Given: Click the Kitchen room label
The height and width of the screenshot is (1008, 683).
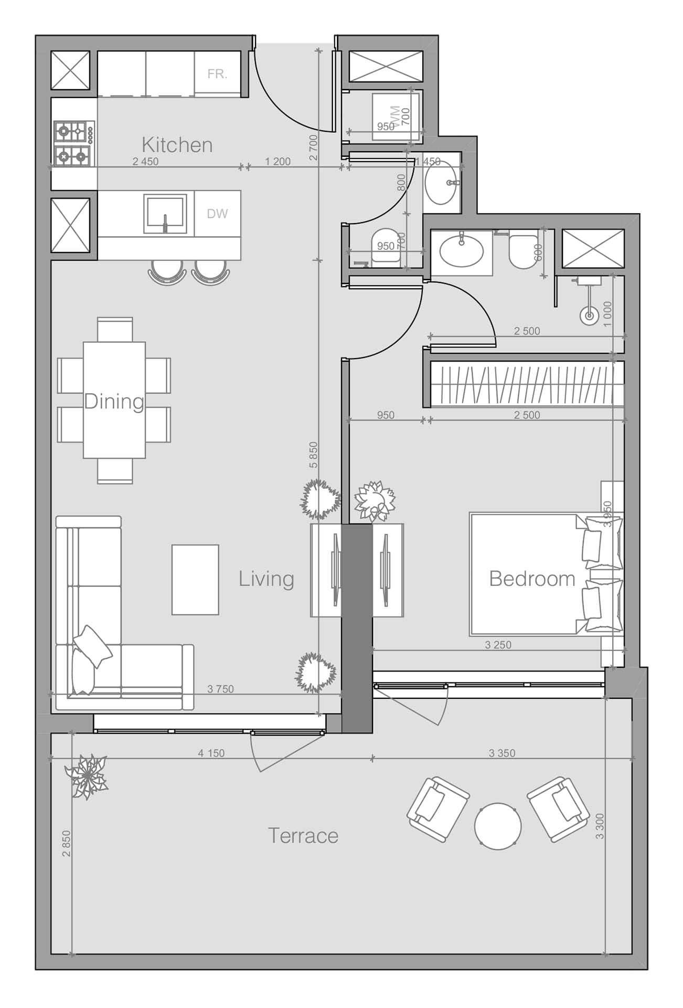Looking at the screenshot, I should [177, 145].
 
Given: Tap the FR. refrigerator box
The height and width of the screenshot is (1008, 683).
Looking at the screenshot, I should [217, 74].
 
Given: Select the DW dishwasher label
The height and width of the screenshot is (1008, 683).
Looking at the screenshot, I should [217, 214].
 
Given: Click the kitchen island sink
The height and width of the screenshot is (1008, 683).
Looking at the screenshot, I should [165, 214].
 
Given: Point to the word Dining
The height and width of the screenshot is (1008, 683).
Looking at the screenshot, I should [114, 402].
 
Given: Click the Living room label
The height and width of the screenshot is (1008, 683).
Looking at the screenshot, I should [266, 579].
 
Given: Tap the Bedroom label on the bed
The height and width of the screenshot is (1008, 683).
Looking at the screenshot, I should [532, 579].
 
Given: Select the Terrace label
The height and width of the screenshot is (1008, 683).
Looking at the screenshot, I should [303, 836].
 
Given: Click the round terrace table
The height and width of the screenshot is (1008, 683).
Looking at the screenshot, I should [498, 826].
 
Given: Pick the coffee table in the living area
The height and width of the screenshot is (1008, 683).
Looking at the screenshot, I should [195, 580].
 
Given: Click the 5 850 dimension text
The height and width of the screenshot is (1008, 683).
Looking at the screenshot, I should [313, 455].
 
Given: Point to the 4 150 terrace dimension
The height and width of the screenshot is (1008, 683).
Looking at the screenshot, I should [211, 753].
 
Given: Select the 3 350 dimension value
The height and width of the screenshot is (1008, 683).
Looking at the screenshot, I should [502, 753].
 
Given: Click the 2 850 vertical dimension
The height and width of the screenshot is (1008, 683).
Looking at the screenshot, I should [66, 843].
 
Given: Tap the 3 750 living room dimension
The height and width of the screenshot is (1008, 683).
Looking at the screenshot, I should [220, 689].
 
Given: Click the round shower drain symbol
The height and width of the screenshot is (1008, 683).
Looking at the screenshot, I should [589, 316].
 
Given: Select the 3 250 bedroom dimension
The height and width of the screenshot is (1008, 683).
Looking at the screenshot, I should [498, 645].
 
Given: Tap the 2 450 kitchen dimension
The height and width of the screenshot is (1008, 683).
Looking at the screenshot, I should [145, 162].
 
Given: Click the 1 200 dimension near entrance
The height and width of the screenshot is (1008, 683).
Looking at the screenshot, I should [278, 162].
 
